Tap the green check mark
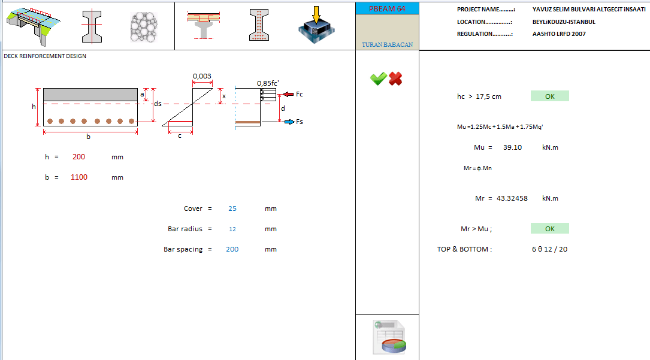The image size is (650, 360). click(378, 78)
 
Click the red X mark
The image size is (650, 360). click(395, 78)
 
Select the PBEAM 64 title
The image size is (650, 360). click(387, 8)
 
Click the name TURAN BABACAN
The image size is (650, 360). click(387, 45)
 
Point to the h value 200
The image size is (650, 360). click(78, 157)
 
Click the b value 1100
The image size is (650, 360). click(78, 177)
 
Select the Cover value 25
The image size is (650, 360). click(232, 208)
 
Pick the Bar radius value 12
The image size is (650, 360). click(232, 229)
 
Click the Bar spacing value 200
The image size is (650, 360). click(232, 249)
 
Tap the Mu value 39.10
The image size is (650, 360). click(513, 147)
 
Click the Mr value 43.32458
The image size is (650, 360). click(512, 198)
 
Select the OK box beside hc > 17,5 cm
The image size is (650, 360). click(549, 96)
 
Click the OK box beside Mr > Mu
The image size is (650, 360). click(549, 228)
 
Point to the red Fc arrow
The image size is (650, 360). click(287, 94)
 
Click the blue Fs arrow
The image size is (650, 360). click(288, 122)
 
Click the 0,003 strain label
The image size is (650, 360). click(202, 76)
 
